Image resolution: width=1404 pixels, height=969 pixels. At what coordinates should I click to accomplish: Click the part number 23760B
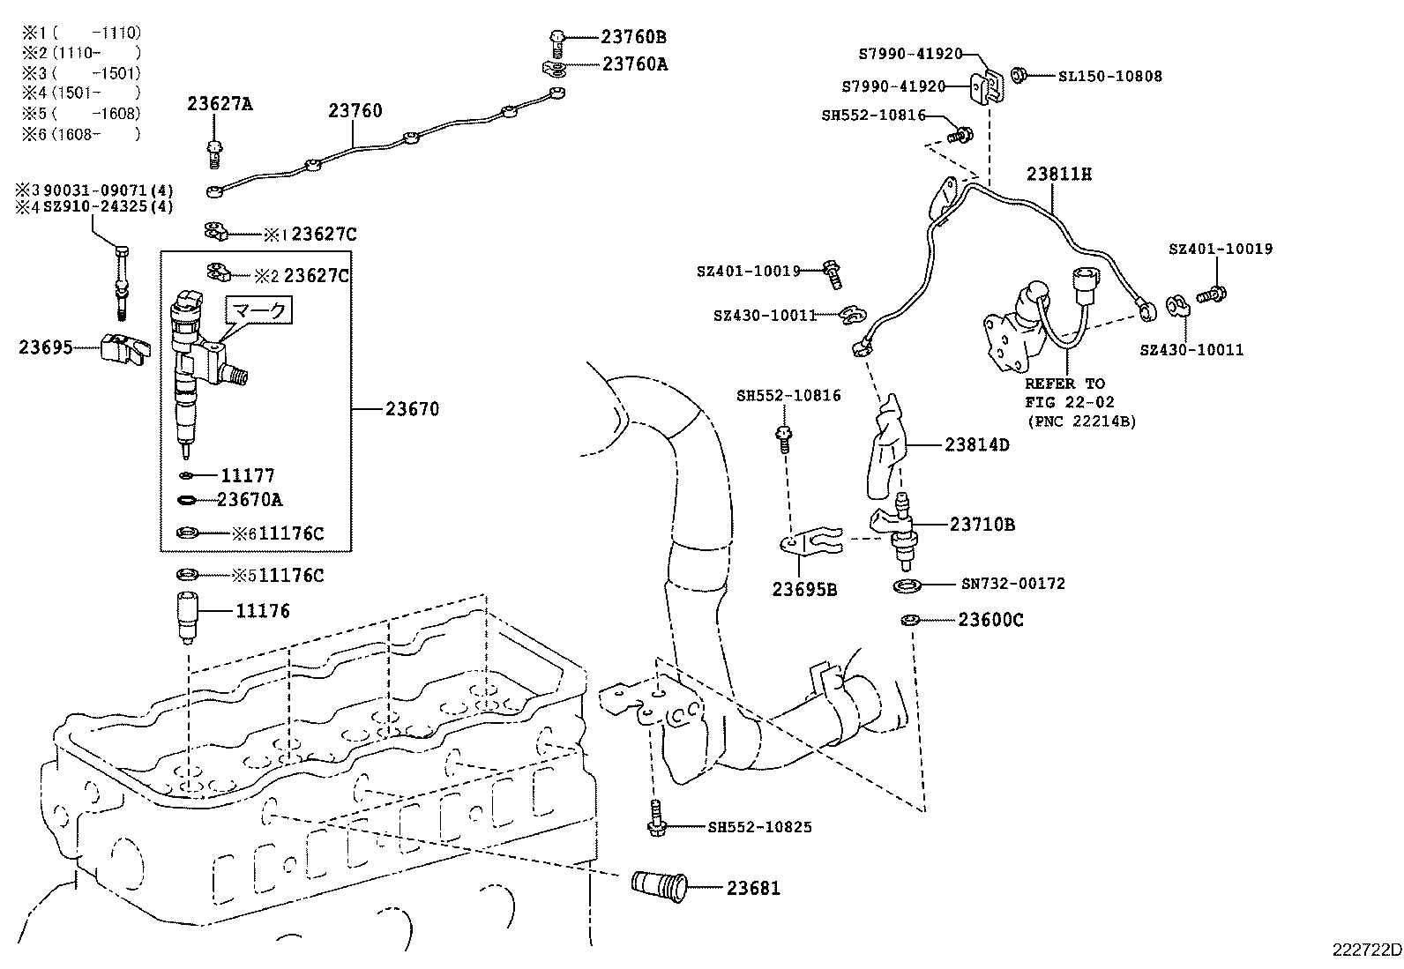coord(633,37)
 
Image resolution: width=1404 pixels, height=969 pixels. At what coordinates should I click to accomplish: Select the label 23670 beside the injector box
coord(412,409)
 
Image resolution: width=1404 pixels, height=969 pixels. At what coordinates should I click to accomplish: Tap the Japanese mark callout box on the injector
coord(258,311)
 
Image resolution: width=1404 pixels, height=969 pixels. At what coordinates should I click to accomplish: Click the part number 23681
coord(753,888)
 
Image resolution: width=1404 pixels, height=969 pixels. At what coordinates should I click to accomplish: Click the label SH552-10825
coord(759,827)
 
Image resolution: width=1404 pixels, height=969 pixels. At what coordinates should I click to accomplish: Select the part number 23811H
coord(1058,174)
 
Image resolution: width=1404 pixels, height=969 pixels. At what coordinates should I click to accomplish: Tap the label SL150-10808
coord(1109,76)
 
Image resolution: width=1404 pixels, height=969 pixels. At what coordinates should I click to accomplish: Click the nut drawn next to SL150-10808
coord(1019,75)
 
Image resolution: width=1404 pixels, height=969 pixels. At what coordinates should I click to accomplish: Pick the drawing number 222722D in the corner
coord(1366,950)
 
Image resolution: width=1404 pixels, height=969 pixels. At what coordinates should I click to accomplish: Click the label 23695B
coord(804,589)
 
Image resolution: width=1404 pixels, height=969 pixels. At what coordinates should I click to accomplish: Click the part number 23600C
coord(990,620)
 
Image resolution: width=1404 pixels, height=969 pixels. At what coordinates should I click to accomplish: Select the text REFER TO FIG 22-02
coord(1064,392)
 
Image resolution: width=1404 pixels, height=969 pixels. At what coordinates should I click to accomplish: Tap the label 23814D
coord(976,444)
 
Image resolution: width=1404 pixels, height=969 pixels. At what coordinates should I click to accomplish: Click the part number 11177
coord(247,476)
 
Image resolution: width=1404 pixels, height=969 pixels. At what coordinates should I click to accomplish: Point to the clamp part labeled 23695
coord(123,349)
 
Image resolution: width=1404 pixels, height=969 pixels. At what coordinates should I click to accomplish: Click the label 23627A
coord(220,104)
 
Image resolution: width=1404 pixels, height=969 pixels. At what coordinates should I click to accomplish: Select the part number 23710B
coord(982,525)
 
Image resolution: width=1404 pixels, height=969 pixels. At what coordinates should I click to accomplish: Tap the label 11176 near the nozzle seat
coord(262,610)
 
